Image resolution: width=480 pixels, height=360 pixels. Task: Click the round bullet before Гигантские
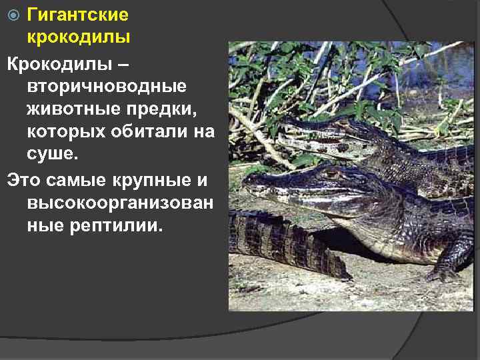pyautogui.click(x=18, y=15)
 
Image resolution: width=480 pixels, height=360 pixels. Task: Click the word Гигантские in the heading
pyautogui.click(x=78, y=14)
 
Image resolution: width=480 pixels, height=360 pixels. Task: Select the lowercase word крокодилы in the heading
pyautogui.click(x=78, y=38)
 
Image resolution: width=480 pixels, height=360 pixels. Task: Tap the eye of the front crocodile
pyautogui.click(x=331, y=174)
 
